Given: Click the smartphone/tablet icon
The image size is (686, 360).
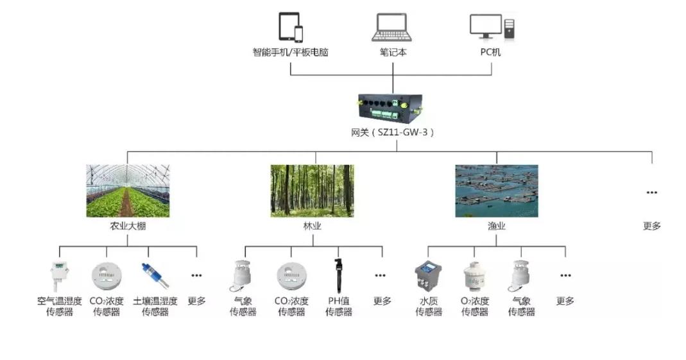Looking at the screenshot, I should (x=290, y=27).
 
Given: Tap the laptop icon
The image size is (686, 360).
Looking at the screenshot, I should (x=393, y=28).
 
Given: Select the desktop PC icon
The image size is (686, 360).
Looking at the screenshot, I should (x=492, y=27).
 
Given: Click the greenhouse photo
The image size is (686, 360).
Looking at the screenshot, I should (x=128, y=191).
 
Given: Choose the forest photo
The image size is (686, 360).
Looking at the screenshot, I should (x=312, y=191).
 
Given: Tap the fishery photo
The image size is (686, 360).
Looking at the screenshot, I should (x=496, y=191).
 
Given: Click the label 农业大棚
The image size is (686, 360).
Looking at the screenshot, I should (x=128, y=226).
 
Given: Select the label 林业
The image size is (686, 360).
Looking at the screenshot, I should (x=313, y=226).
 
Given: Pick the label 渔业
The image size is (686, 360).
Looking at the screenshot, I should (x=497, y=226).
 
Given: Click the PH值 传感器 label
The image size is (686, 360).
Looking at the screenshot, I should (x=338, y=306).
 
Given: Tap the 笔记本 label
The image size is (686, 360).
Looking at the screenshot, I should (x=393, y=52).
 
